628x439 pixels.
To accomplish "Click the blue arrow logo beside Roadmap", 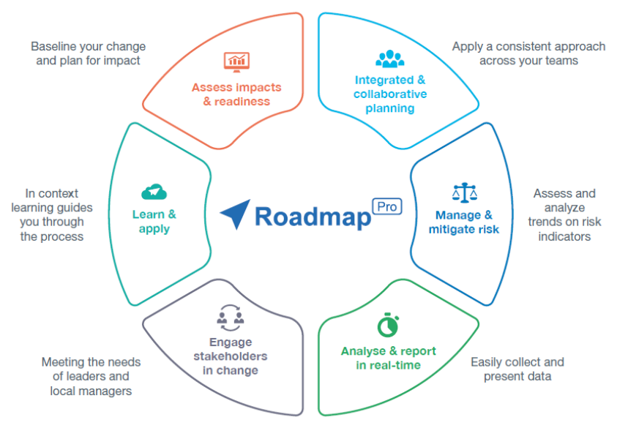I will (x=236, y=214).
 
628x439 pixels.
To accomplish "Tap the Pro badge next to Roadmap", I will (x=388, y=207).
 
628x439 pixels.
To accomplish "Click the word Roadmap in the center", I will (x=312, y=217).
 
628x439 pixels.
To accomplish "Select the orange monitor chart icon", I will (x=236, y=61).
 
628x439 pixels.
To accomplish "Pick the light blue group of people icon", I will (x=389, y=59).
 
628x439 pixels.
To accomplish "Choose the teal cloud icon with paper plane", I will (x=154, y=192).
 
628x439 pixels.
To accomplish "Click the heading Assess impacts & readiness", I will (x=236, y=94).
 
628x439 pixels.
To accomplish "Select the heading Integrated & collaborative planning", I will (x=389, y=94).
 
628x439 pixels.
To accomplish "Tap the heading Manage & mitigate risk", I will (x=464, y=222).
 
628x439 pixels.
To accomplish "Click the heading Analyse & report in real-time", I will (x=388, y=358).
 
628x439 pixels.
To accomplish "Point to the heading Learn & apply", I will (x=154, y=222).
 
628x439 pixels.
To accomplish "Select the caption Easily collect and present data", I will (x=517, y=369).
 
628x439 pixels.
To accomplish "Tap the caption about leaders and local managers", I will (x=91, y=376).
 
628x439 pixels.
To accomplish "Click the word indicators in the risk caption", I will (x=564, y=237).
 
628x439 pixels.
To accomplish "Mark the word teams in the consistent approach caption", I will (x=559, y=61).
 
